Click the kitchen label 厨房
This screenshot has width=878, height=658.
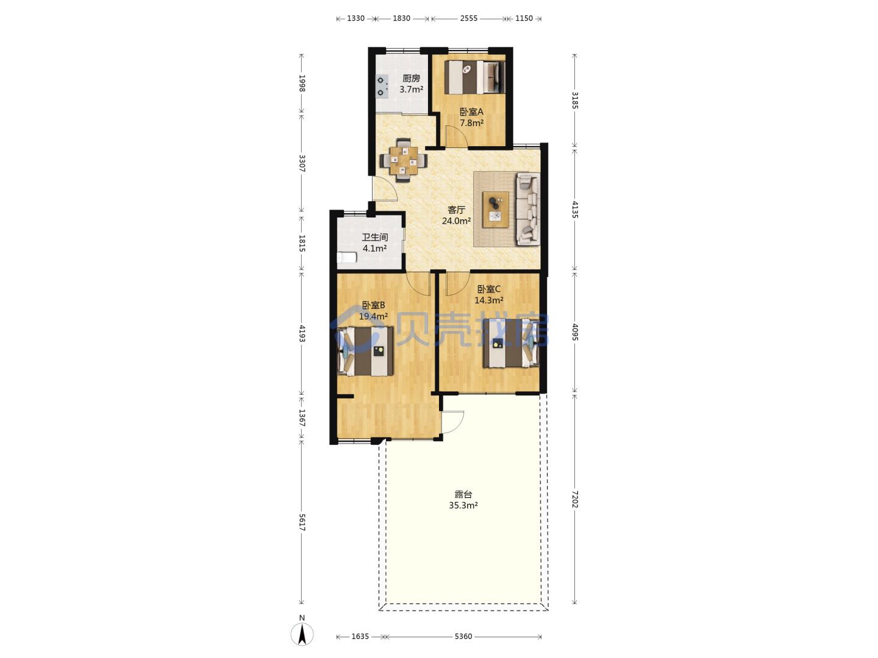[x=411, y=79]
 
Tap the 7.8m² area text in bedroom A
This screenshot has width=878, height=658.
[x=471, y=123]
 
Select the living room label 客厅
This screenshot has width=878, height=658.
[x=456, y=210]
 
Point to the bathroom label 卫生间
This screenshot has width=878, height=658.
[x=375, y=238]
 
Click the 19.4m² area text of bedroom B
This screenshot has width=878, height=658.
[x=373, y=316]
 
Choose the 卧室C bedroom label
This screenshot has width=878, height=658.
[x=489, y=289]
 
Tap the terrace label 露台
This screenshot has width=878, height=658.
[x=463, y=494]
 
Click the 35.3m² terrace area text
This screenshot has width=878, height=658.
[x=463, y=506]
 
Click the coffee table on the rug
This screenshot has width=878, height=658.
[x=496, y=210]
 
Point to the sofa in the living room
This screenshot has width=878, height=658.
[x=528, y=208]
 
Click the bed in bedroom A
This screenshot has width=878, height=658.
[x=475, y=77]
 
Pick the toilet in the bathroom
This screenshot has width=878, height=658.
[x=346, y=257]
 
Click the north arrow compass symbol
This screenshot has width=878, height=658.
[x=302, y=634]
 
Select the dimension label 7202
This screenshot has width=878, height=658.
[x=574, y=500]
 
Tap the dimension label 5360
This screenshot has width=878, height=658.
[x=463, y=637]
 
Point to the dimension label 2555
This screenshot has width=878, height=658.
[x=469, y=18]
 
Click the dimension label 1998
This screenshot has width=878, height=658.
[x=302, y=83]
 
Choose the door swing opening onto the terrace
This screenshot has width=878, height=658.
[x=453, y=422]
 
